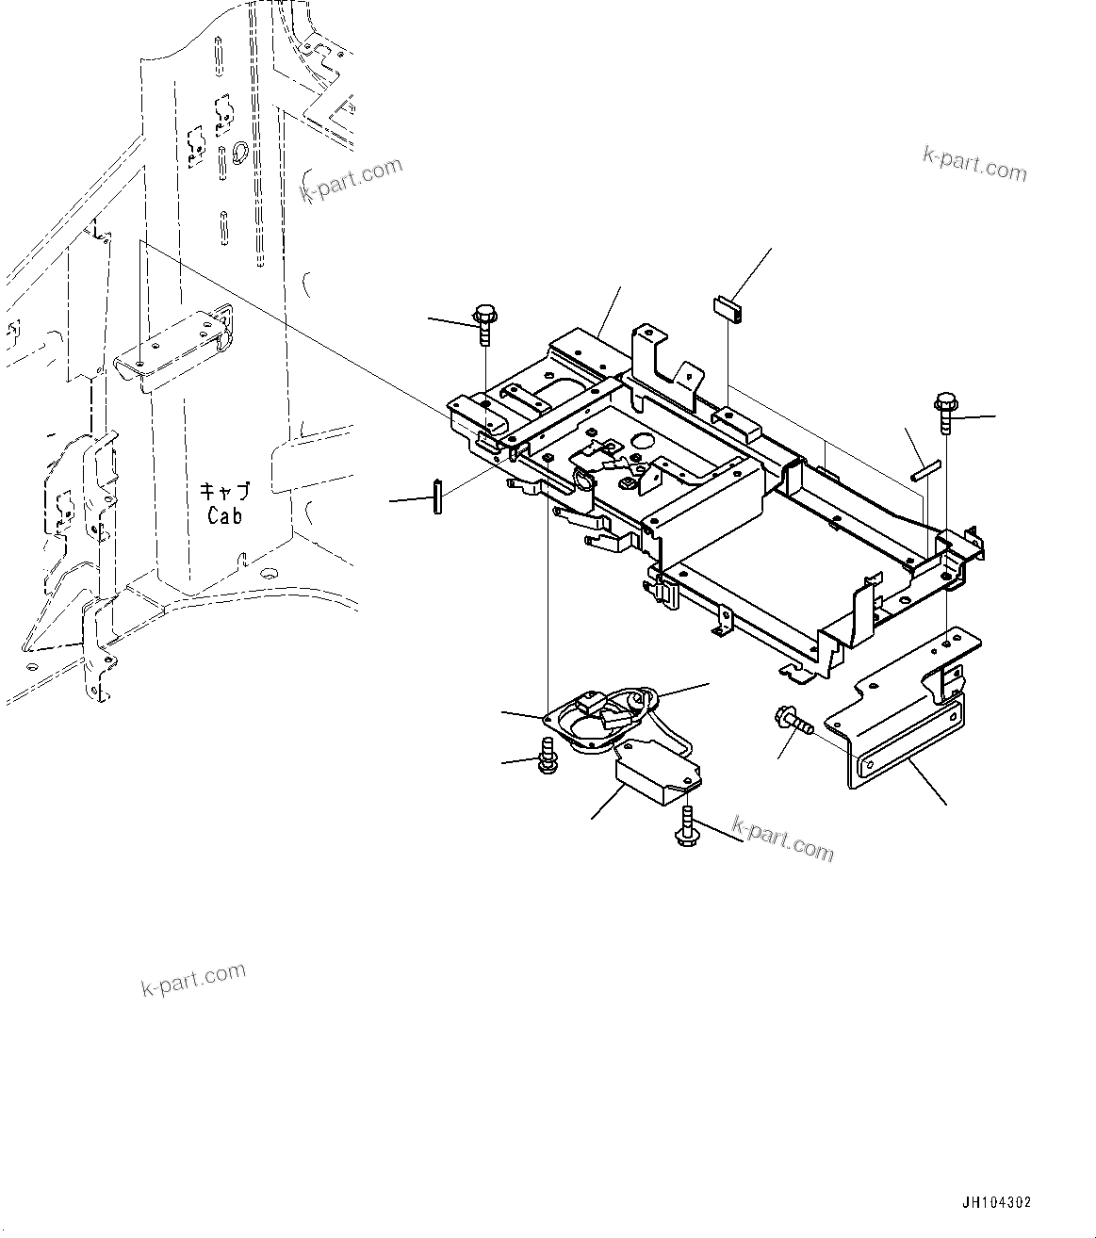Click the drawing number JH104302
point(996,1203)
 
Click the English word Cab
point(224,516)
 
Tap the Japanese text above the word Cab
point(224,492)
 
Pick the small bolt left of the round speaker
point(546,757)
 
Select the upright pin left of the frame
point(438,497)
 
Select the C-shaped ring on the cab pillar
point(239,151)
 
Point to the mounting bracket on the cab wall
point(174,348)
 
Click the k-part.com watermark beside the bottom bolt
point(783,839)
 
